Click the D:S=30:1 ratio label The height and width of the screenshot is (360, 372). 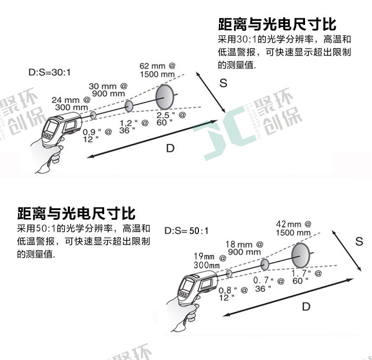(x=50, y=72)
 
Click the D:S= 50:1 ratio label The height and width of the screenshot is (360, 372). (x=186, y=230)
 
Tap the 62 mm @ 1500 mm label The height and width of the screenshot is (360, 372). (x=157, y=70)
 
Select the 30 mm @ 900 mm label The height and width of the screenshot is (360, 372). (x=108, y=90)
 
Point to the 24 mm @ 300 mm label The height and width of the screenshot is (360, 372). (x=71, y=104)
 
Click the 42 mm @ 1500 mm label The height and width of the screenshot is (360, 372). (x=294, y=228)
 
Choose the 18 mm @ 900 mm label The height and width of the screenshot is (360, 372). (x=245, y=248)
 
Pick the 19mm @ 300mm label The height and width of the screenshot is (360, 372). (x=210, y=261)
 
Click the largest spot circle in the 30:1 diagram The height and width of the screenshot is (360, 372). (x=165, y=97)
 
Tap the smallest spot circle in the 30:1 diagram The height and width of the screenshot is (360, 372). (x=93, y=115)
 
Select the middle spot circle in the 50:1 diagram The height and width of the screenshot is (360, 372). (x=265, y=264)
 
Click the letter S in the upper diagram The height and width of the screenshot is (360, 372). (x=223, y=83)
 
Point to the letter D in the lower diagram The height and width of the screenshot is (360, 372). (x=306, y=306)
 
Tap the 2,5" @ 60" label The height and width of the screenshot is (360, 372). (x=171, y=119)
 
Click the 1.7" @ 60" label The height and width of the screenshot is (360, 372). (x=307, y=277)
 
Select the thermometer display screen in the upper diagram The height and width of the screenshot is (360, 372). (x=52, y=127)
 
